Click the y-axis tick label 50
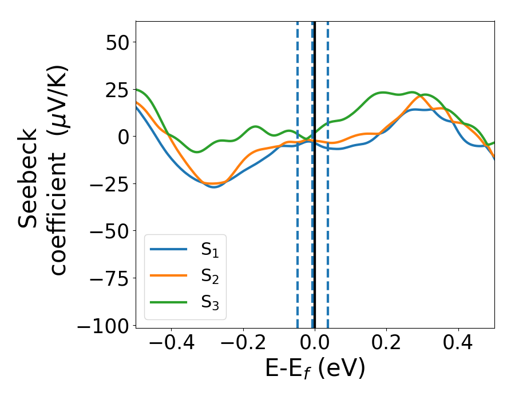tap(116, 42)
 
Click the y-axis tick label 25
tap(116, 89)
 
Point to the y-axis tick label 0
tap(123, 137)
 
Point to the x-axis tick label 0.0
tap(315, 343)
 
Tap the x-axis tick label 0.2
tap(387, 343)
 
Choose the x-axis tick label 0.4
tap(458, 343)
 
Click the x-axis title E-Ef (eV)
tap(315, 369)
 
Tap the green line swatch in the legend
tap(168, 302)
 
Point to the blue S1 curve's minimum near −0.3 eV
tap(215, 187)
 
